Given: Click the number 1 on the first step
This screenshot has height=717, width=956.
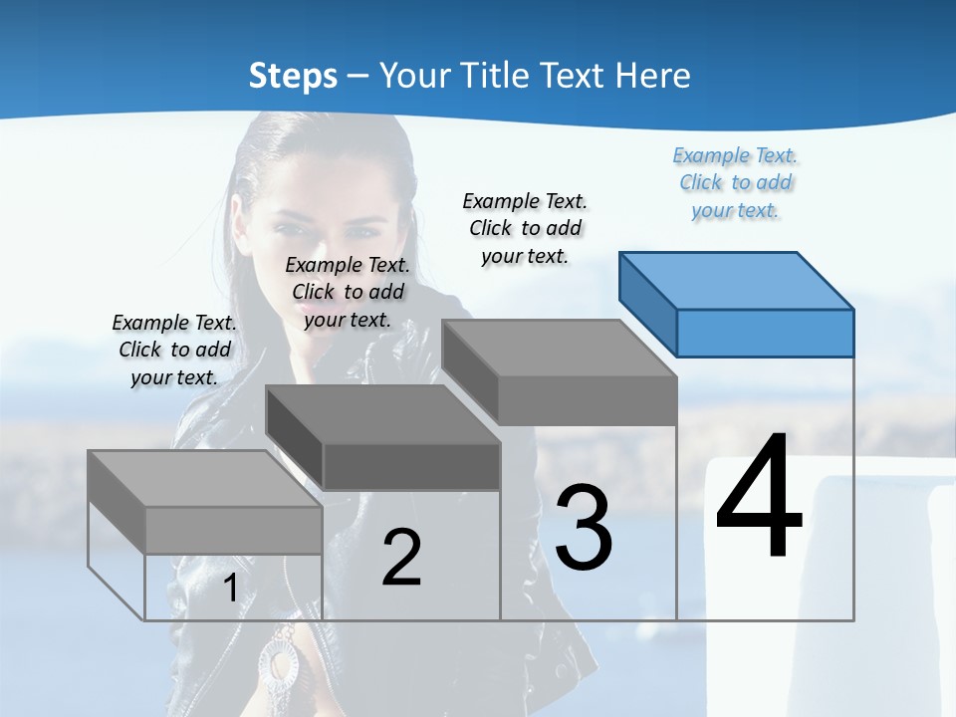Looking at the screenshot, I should pos(230,589).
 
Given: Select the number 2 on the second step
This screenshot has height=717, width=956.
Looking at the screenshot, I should pos(401,558).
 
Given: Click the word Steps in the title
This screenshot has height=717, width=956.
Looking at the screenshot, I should pos(293,76).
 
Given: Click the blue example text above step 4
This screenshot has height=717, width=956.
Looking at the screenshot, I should pos(736,182).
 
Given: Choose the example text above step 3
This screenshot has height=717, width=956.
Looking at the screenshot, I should pos(525,228).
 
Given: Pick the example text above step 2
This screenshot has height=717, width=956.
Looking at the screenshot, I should pos(348,292).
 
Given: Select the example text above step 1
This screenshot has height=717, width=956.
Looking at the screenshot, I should pos(174,350).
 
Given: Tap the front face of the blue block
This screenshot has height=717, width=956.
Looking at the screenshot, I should pos(765,333).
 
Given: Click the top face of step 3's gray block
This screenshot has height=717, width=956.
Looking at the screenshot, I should pos(558,348).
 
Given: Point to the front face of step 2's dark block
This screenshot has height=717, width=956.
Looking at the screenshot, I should pos(411,466).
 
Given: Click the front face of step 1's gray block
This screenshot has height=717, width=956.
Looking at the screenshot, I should pos(233,530).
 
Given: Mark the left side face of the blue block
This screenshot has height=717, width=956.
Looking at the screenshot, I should pos(648,299).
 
